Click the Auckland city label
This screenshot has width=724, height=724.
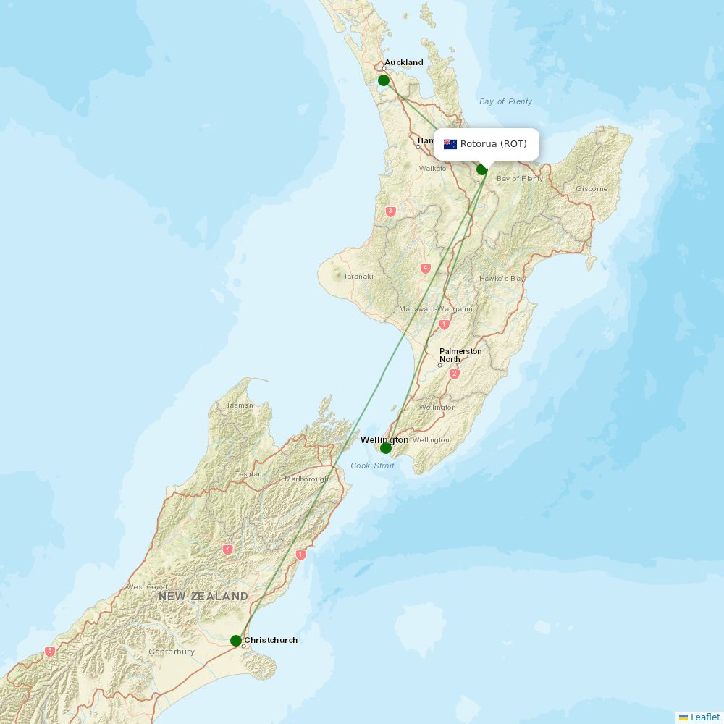(404, 62)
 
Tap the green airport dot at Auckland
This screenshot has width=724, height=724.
(384, 80)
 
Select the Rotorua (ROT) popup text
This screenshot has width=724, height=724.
(494, 144)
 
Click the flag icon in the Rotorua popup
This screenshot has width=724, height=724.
(450, 144)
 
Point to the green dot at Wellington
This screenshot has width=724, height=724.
(386, 448)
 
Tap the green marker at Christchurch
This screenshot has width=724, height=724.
(236, 641)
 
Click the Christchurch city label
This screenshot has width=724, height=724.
(271, 640)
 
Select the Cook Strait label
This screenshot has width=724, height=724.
(373, 466)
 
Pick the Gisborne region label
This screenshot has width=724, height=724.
(592, 189)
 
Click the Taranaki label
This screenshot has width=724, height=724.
(358, 277)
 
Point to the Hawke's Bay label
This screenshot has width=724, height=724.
(502, 279)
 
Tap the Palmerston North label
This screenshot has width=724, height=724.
(460, 355)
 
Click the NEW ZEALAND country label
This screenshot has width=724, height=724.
(203, 597)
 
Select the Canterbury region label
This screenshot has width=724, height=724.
(172, 652)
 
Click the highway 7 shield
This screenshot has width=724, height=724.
(228, 550)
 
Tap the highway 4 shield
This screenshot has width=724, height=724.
(426, 269)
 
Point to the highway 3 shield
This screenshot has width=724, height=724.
(391, 211)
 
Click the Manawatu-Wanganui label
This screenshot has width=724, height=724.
(436, 309)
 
